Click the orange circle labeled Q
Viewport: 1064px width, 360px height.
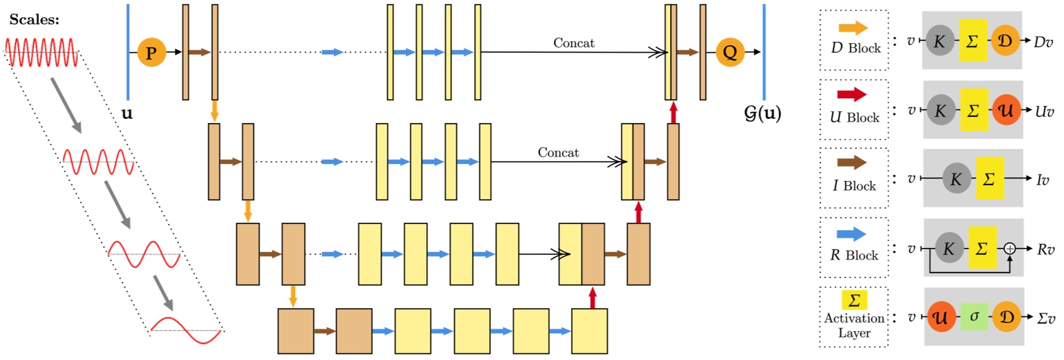(x=729, y=52)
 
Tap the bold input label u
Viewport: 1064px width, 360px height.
(x=127, y=113)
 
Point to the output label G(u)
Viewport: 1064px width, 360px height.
(x=763, y=113)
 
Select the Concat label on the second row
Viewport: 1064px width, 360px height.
(x=558, y=152)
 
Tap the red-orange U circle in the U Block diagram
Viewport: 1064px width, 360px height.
(x=1003, y=110)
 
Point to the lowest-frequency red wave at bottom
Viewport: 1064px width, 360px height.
(x=186, y=330)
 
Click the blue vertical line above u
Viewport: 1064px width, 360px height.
(x=128, y=51)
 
